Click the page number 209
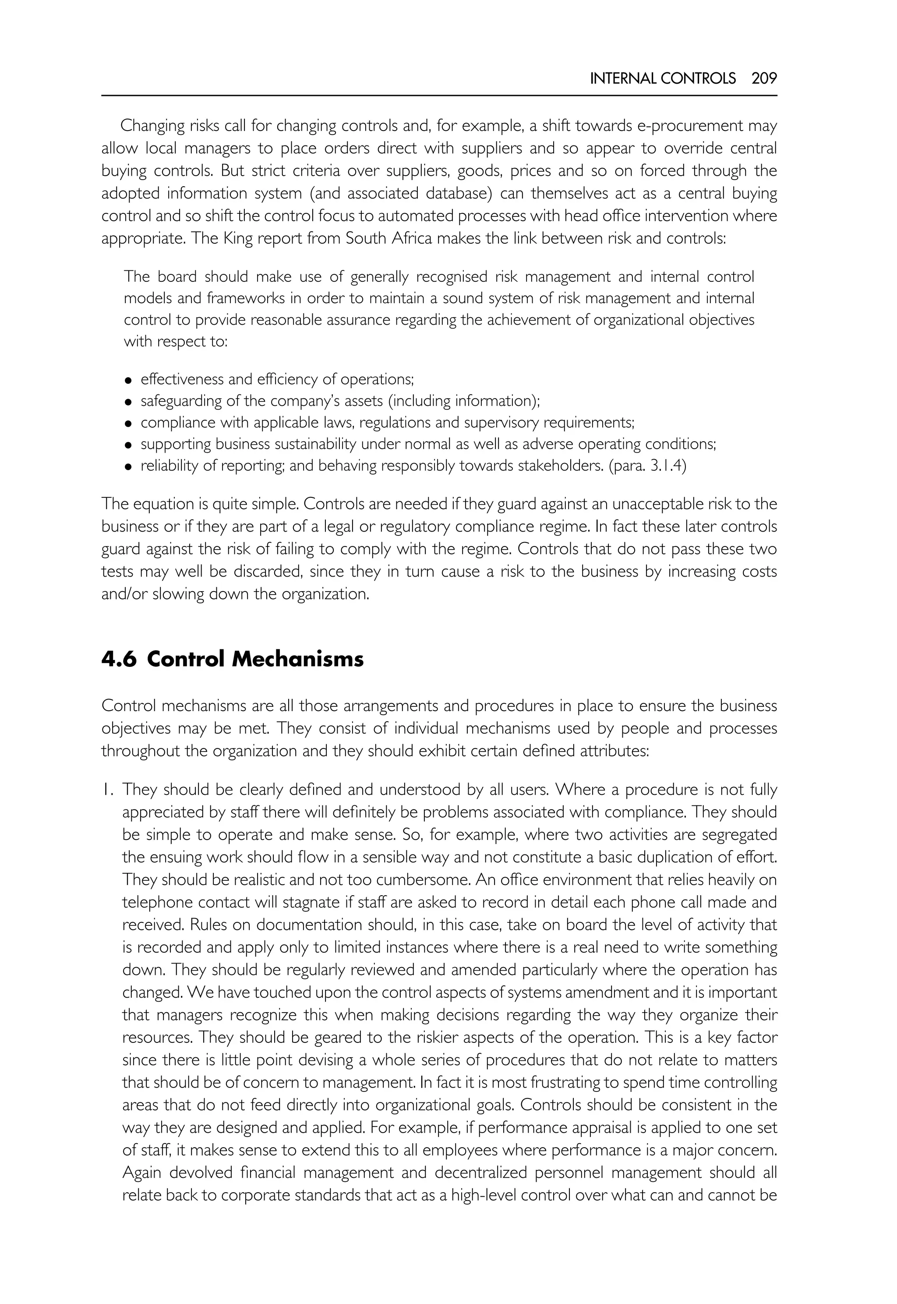[764, 78]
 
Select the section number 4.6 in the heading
[119, 659]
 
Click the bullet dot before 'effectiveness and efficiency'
[129, 381]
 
